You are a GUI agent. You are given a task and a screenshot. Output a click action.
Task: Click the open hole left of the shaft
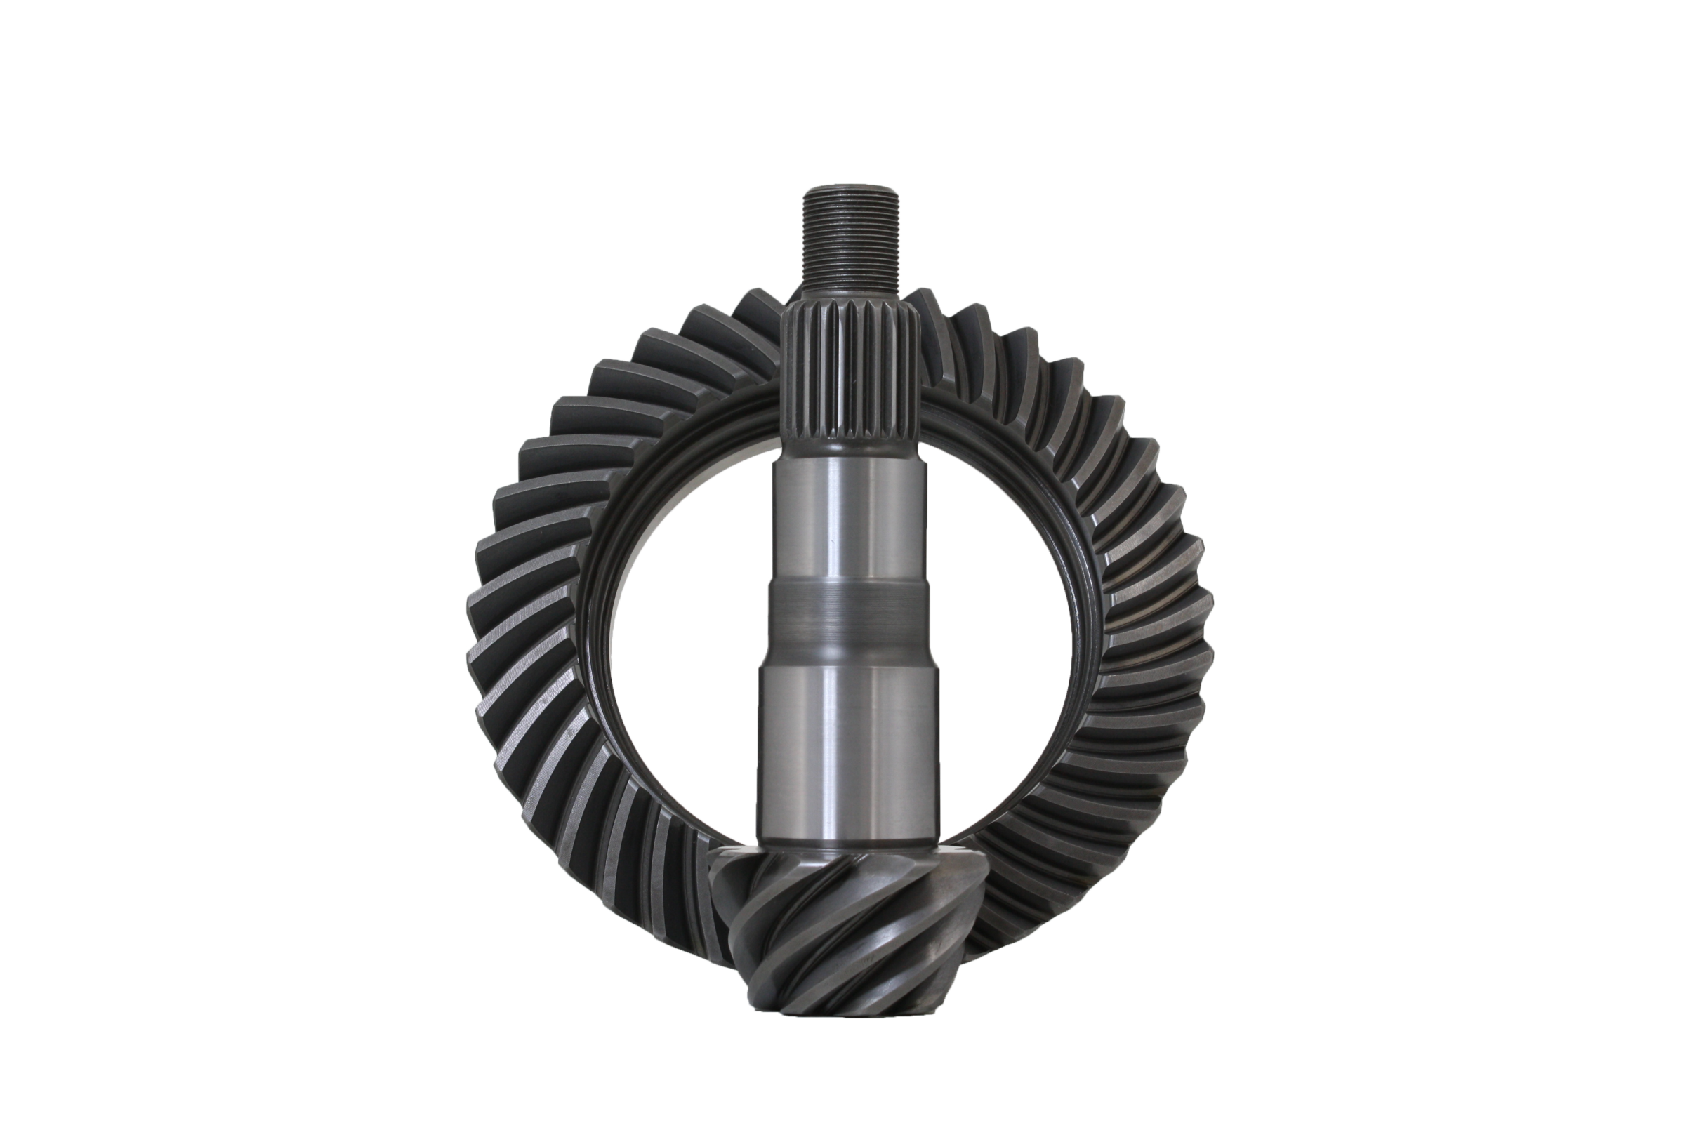[x=688, y=644]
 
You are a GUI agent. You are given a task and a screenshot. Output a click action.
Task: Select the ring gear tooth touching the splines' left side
[x=760, y=315]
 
